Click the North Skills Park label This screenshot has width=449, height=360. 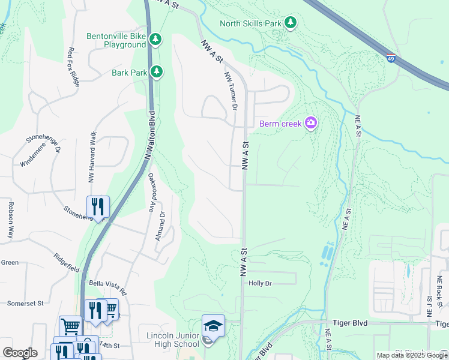pyautogui.click(x=250, y=23)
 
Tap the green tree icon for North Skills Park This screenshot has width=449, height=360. pyautogui.click(x=291, y=23)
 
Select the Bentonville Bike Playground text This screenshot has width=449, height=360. pyautogui.click(x=116, y=40)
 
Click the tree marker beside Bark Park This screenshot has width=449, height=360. pyautogui.click(x=157, y=72)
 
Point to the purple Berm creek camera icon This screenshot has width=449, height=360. pyautogui.click(x=310, y=124)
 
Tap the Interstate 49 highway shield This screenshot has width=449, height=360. pyautogui.click(x=391, y=59)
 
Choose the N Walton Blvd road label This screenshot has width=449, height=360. pyautogui.click(x=149, y=136)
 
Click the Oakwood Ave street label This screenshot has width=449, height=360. pyautogui.click(x=151, y=194)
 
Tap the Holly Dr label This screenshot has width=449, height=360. pyautogui.click(x=260, y=283)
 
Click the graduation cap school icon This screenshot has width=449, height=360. pyautogui.click(x=213, y=325)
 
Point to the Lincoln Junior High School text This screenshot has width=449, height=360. pyautogui.click(x=173, y=339)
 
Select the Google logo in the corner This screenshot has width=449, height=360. pyautogui.click(x=20, y=353)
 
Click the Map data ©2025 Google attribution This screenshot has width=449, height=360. pyautogui.click(x=412, y=355)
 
